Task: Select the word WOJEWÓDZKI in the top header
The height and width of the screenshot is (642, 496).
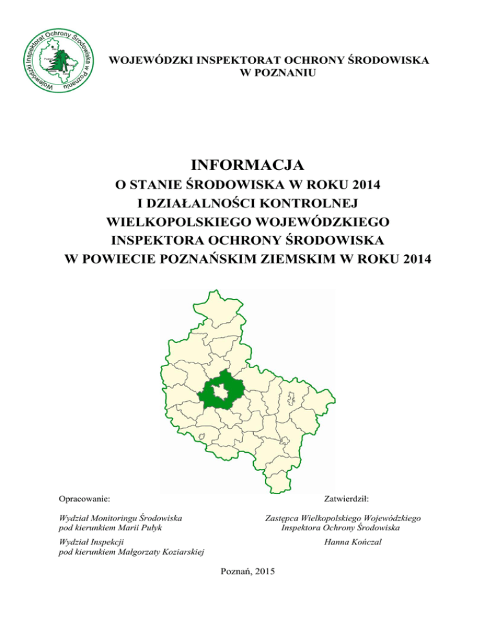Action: click(x=145, y=60)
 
